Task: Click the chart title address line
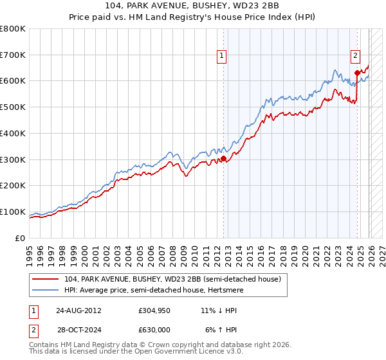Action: point(193,7)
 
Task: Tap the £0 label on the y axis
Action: point(21,238)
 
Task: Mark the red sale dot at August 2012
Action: point(223,158)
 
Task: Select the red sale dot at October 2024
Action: point(357,73)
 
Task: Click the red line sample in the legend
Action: point(46,280)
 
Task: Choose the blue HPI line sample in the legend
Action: point(46,291)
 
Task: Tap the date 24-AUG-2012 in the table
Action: point(78,310)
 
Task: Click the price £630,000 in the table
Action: point(154,330)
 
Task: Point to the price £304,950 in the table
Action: point(154,310)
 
